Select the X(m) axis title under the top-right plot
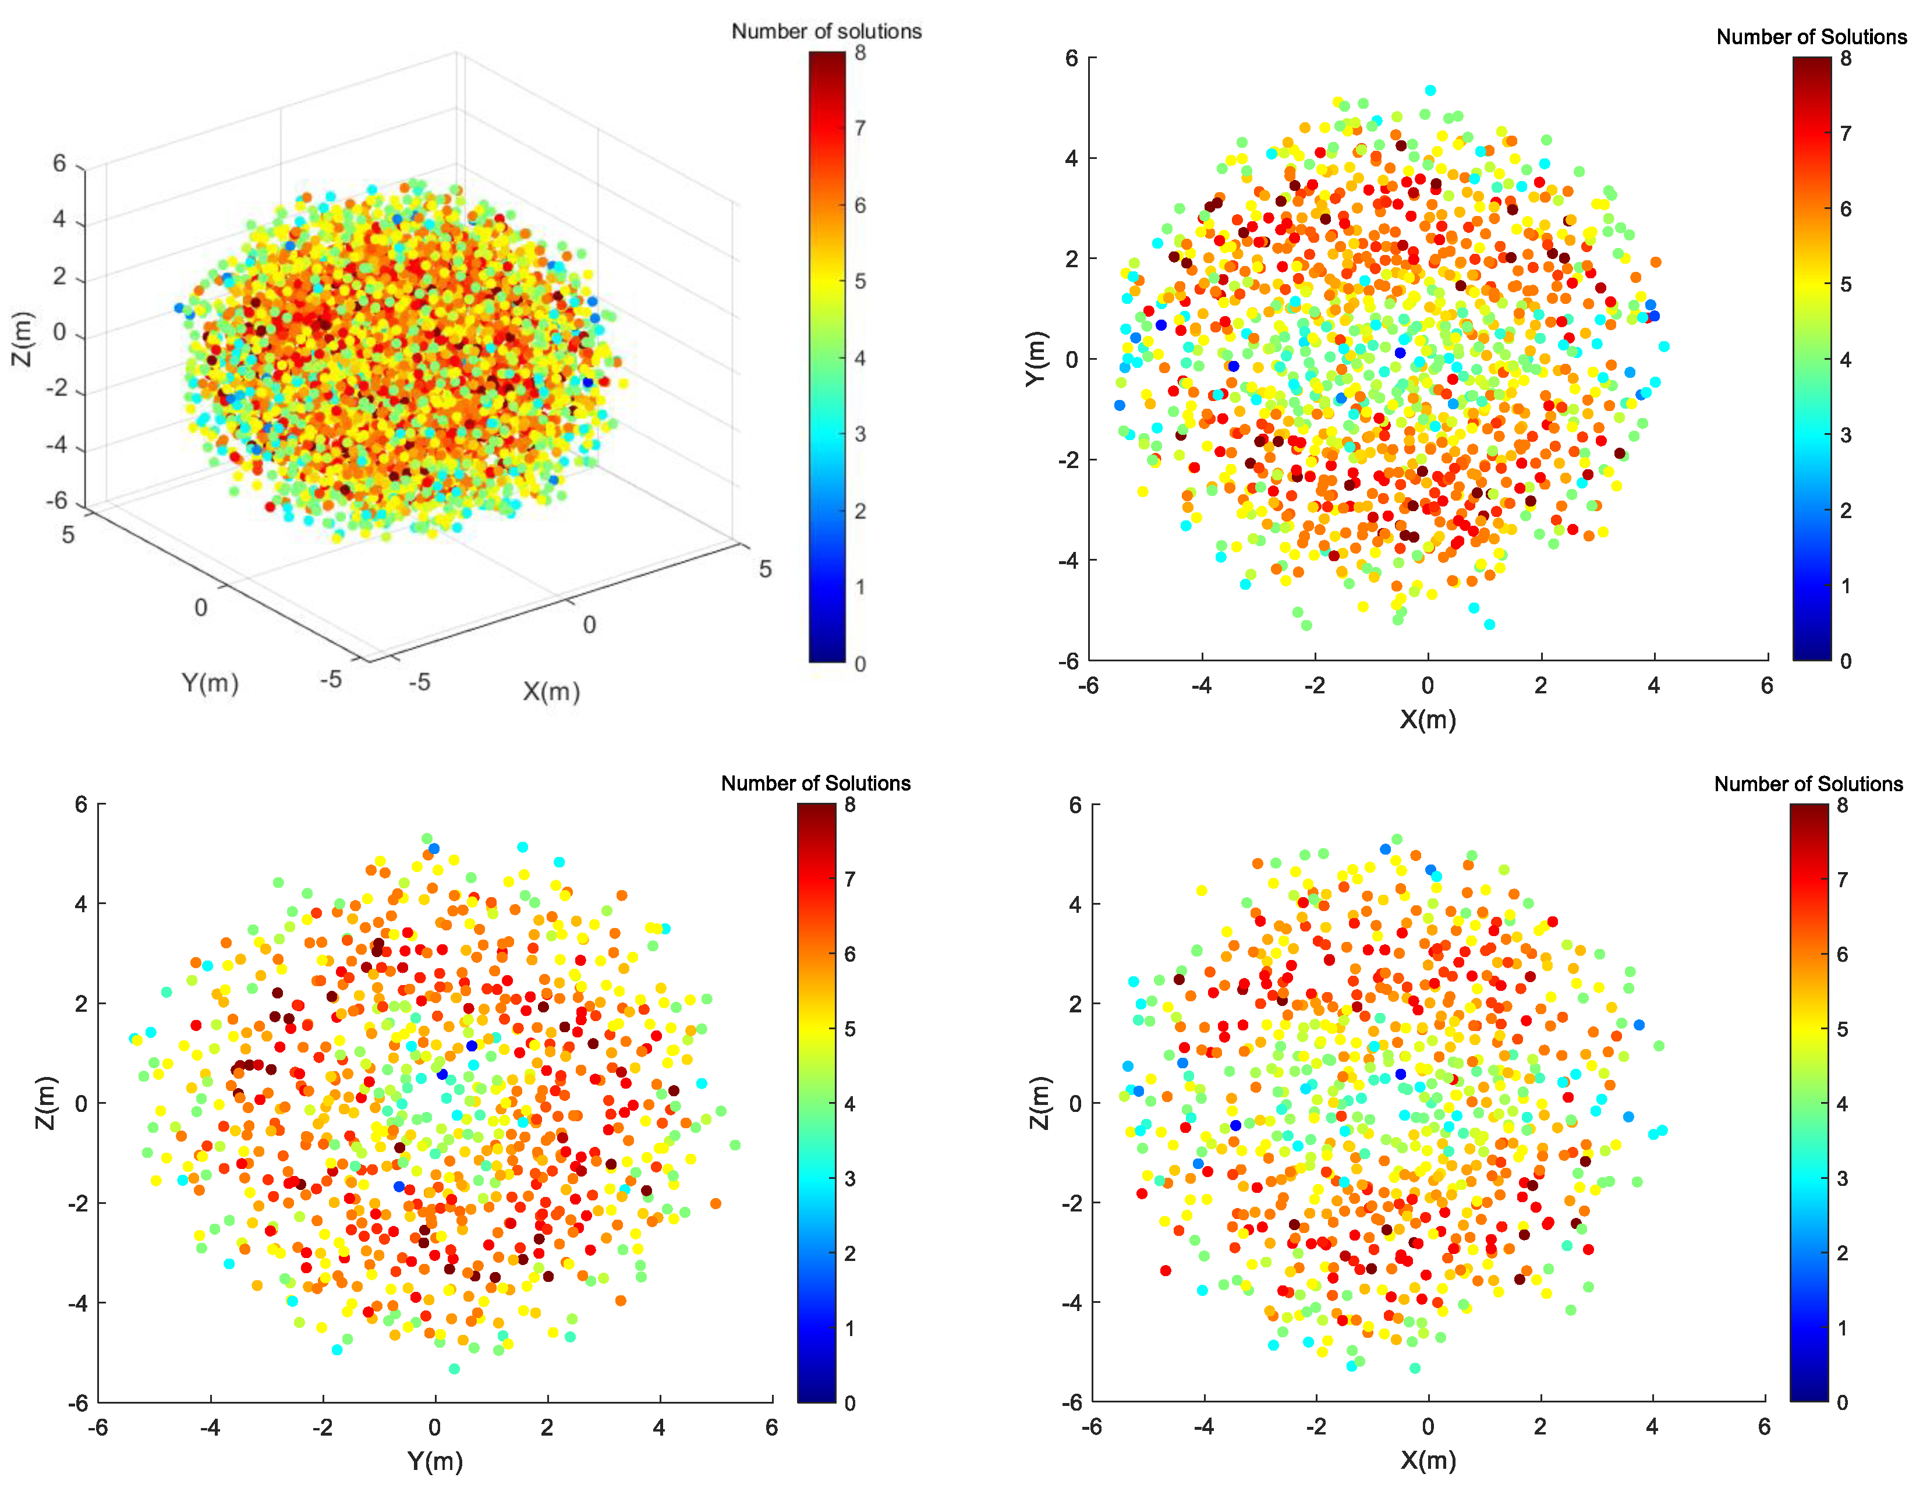1428,720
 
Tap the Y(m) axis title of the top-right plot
1036,358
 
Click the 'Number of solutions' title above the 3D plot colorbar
826,31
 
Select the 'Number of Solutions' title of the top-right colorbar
1811,37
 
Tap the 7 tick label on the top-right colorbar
1846,133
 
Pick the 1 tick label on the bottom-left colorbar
849,1329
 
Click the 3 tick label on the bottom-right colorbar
1842,1178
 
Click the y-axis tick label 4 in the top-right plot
1071,159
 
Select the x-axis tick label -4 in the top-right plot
1201,685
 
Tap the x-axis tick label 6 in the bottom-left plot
771,1428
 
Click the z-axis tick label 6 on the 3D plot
59,163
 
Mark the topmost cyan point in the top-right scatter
1430,90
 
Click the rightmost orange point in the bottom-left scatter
716,1203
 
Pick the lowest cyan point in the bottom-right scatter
1414,1368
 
